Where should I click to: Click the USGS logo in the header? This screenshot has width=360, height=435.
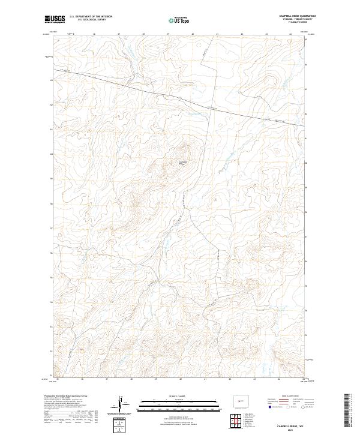tap(55, 20)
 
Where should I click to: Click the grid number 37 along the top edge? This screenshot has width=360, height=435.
tap(119, 34)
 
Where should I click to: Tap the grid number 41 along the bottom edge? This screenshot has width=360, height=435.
tap(205, 379)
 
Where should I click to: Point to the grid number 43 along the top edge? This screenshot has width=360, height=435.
tap(266, 34)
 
